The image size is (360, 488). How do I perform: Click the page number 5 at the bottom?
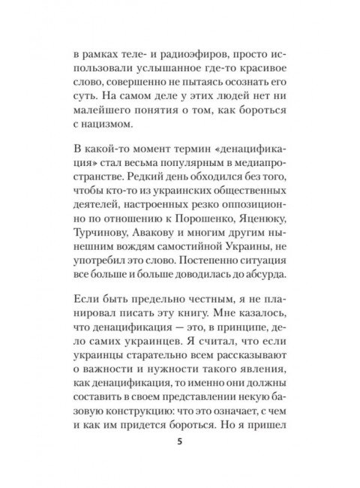point(179,441)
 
